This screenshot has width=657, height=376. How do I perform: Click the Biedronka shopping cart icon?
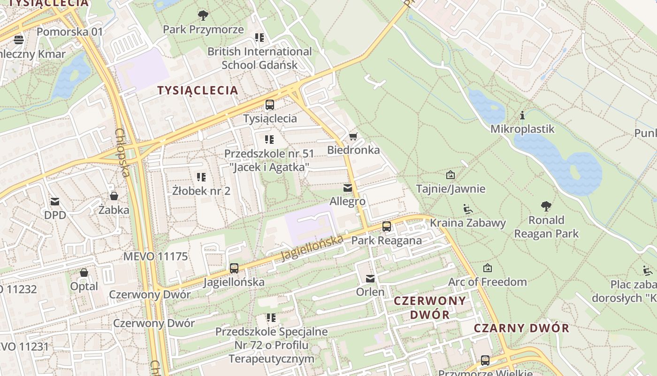[x=353, y=137]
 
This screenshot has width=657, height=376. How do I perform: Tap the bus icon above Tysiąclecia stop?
[x=270, y=105]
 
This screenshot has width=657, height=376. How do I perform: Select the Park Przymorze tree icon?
[x=203, y=16]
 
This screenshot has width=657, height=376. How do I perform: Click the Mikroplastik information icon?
[x=522, y=115]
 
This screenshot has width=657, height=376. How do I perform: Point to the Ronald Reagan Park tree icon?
[x=546, y=206]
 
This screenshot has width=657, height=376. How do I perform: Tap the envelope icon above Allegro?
[x=347, y=188]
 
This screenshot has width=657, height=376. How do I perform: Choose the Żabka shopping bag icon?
[x=114, y=196]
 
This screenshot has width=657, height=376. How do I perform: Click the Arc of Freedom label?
[x=488, y=282]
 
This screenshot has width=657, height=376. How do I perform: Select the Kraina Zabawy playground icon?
[x=467, y=209]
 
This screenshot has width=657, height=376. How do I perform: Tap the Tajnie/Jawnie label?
[x=451, y=189]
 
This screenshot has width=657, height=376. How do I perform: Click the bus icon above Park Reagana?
[x=387, y=227]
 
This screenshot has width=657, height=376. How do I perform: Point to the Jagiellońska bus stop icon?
[x=234, y=268]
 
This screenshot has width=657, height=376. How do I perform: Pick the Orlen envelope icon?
[x=370, y=279]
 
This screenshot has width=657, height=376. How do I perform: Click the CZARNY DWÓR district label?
[x=521, y=328]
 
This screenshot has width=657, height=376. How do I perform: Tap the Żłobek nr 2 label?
[x=201, y=191]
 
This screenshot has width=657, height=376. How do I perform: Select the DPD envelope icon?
[x=55, y=202]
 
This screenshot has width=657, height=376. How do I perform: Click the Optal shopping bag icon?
[x=84, y=273]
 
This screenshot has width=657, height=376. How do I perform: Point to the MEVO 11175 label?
[x=155, y=257]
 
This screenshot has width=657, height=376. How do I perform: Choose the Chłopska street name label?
[x=122, y=153]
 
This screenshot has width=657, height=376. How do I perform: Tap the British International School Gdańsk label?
[x=260, y=58]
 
